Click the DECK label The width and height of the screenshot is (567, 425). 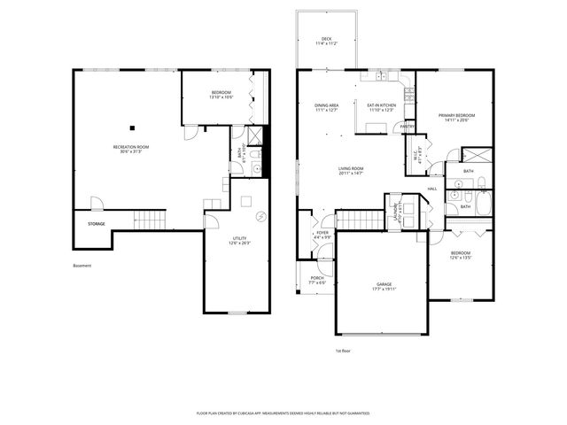click(326, 40)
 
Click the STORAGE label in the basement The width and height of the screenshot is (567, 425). click(97, 224)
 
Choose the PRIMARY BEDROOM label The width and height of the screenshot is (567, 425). click(457, 116)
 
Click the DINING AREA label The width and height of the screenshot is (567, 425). click(328, 105)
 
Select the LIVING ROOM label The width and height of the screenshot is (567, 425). click(351, 168)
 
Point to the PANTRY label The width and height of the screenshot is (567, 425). click(408, 127)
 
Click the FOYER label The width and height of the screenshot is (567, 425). click(322, 235)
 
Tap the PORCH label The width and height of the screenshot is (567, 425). click(316, 278)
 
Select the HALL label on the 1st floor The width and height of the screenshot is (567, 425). click(432, 189)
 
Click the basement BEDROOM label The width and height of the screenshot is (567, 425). click(221, 93)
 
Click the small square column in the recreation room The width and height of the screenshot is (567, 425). click(132, 125)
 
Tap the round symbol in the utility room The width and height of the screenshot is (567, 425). click(260, 217)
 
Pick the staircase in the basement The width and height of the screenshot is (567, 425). click(150, 219)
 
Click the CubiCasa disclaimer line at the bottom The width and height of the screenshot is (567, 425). click(283, 413)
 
